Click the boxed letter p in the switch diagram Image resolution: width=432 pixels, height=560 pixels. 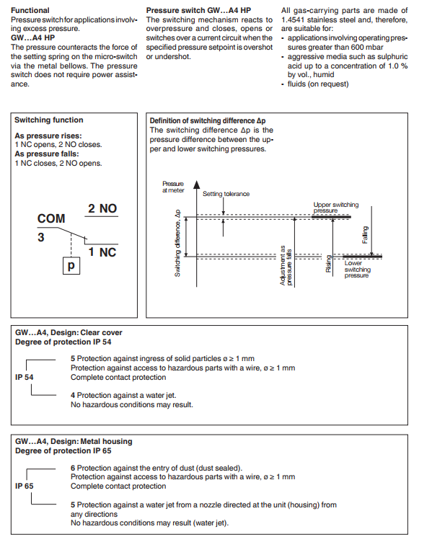pyautogui.click(x=71, y=266)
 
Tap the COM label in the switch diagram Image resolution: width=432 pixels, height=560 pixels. pyautogui.click(x=51, y=218)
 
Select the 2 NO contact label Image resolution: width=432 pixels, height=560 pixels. pyautogui.click(x=102, y=208)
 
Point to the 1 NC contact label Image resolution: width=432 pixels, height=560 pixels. pyautogui.click(x=102, y=252)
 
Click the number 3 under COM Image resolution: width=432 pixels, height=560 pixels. pyautogui.click(x=41, y=237)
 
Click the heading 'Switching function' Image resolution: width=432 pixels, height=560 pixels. pyautogui.click(x=49, y=120)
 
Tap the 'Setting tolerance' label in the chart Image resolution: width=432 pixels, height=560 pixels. pyautogui.click(x=226, y=194)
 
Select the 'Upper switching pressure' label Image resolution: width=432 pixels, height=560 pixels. pyautogui.click(x=336, y=208)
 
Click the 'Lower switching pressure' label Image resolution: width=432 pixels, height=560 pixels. pyautogui.click(x=357, y=270)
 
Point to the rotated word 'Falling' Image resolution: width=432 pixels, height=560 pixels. pyautogui.click(x=365, y=235)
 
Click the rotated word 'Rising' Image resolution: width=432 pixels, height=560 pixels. pyautogui.click(x=329, y=264)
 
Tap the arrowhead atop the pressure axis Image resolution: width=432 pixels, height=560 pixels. pyautogui.click(x=196, y=185)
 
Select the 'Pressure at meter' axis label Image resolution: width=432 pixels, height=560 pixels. pyautogui.click(x=173, y=187)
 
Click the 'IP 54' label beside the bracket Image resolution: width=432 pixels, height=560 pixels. pyautogui.click(x=25, y=377)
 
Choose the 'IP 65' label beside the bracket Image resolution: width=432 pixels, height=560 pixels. pyautogui.click(x=25, y=486)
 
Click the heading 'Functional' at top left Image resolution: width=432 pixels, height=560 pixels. pyautogui.click(x=30, y=10)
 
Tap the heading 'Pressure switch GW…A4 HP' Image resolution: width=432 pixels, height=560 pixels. pyautogui.click(x=198, y=10)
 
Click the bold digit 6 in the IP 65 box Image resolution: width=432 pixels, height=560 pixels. pyautogui.click(x=73, y=468)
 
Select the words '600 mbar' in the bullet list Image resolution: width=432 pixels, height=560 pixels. pyautogui.click(x=369, y=47)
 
